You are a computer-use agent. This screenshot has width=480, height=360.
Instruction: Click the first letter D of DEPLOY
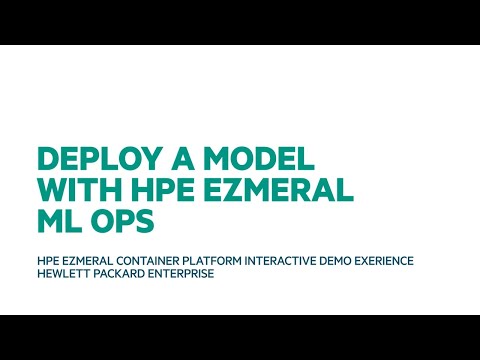tap(46, 160)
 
